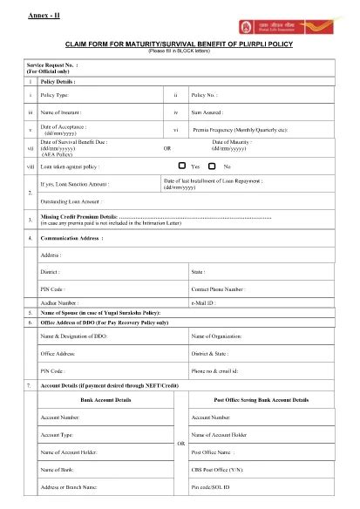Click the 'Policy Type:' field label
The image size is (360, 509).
click(x=57, y=93)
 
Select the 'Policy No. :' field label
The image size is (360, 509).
click(x=205, y=93)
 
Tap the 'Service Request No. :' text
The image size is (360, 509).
click(x=52, y=64)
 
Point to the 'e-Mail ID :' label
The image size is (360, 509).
click(x=205, y=301)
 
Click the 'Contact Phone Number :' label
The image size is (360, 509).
click(x=218, y=287)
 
